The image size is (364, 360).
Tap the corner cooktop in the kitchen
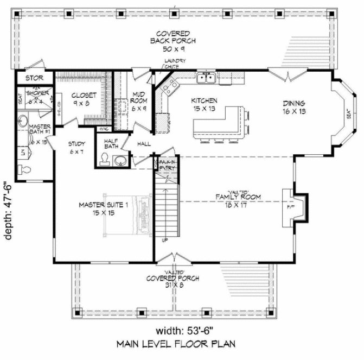click(x=170, y=85)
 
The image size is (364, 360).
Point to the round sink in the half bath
click(x=121, y=160)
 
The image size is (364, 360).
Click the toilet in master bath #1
click(x=22, y=154)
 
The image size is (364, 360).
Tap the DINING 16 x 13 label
click(x=294, y=106)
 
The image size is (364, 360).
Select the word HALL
click(x=144, y=143)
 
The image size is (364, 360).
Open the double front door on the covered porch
click(x=173, y=257)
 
